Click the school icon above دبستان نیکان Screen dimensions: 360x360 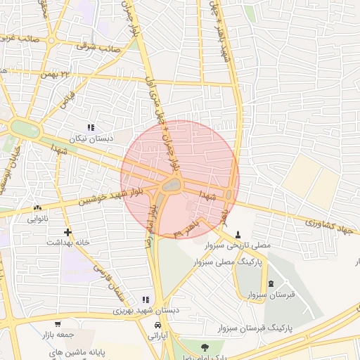(90, 127)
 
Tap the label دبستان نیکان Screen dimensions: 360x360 (90, 139)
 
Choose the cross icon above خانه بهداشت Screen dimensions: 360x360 (67, 231)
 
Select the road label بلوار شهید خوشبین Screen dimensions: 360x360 (96, 195)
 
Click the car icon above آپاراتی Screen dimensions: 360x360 (159, 326)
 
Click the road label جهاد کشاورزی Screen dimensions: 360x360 (331, 224)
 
